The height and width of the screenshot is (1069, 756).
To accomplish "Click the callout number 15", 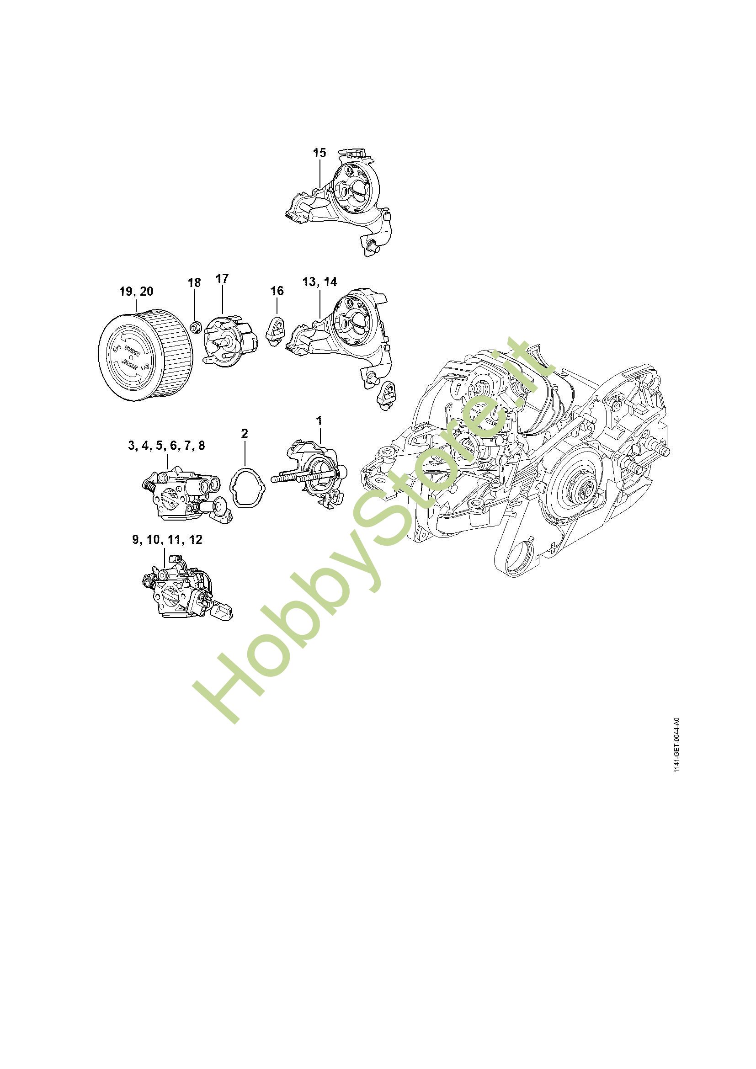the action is click(x=319, y=153).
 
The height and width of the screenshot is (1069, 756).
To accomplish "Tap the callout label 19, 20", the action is click(x=136, y=292).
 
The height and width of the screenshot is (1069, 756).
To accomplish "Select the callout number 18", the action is click(x=194, y=282).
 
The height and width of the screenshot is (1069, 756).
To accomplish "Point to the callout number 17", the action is click(x=222, y=278).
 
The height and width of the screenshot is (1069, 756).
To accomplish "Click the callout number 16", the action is click(x=277, y=291).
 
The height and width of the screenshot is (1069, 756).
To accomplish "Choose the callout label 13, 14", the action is click(x=319, y=282).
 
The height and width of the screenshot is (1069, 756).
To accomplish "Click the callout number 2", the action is click(x=245, y=433).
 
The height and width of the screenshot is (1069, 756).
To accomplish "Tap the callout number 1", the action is click(x=319, y=420).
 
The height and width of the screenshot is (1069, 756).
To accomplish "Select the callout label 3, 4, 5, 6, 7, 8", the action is click(x=166, y=446).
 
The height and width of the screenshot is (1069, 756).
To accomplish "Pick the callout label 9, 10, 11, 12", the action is click(x=167, y=540).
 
